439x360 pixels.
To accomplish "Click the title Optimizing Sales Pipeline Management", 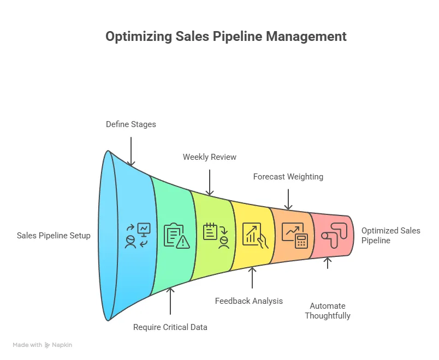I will pyautogui.click(x=226, y=37).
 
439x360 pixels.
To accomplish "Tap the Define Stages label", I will pyautogui.click(x=130, y=124).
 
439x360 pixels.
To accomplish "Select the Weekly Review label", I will pyautogui.click(x=210, y=157).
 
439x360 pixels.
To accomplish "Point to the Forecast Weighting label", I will pyautogui.click(x=288, y=177).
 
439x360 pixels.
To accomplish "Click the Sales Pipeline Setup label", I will pyautogui.click(x=54, y=236).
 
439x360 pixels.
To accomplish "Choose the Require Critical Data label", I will pyautogui.click(x=170, y=327).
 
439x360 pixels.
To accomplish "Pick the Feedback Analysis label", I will pyautogui.click(x=249, y=301).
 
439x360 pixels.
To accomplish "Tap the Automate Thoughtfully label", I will pyautogui.click(x=328, y=311).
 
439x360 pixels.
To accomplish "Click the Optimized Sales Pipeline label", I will pyautogui.click(x=390, y=236).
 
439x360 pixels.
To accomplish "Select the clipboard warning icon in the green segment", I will pyautogui.click(x=176, y=236).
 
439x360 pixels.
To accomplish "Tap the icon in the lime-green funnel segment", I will pyautogui.click(x=216, y=236).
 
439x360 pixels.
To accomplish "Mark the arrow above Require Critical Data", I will pyautogui.click(x=170, y=301).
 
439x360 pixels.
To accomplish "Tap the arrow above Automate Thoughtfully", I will pyautogui.click(x=328, y=263).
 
